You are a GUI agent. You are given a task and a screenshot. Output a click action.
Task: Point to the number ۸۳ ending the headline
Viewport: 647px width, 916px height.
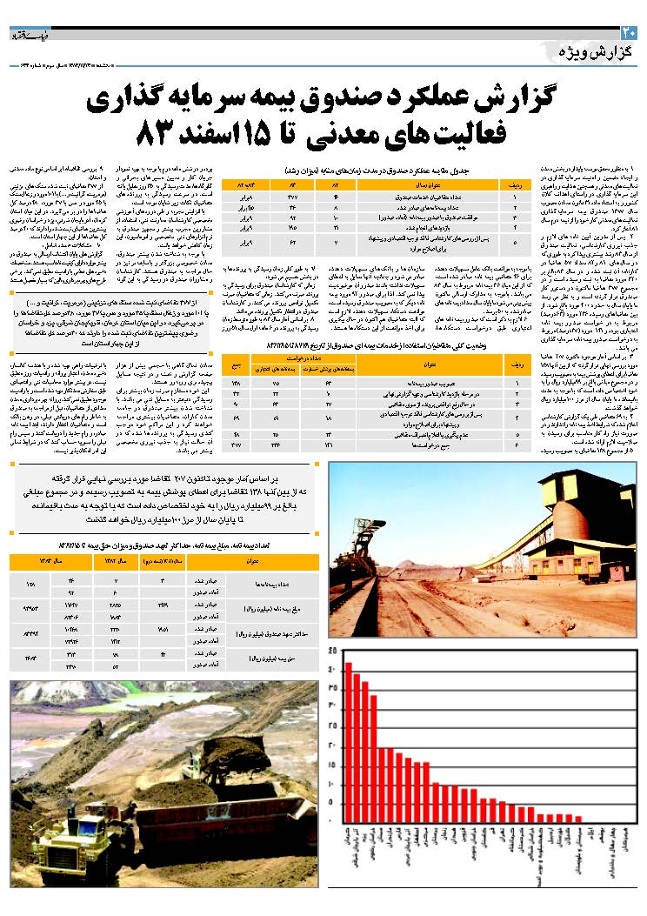(x=157, y=134)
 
